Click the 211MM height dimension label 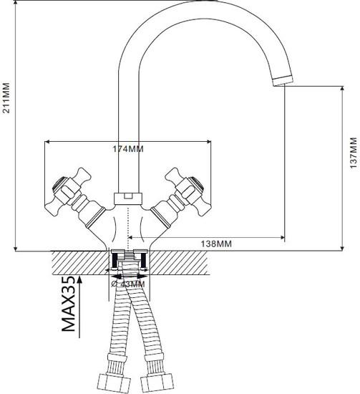(7, 97)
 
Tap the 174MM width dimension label (129, 149)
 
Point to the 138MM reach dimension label (217, 244)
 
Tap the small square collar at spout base (129, 195)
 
